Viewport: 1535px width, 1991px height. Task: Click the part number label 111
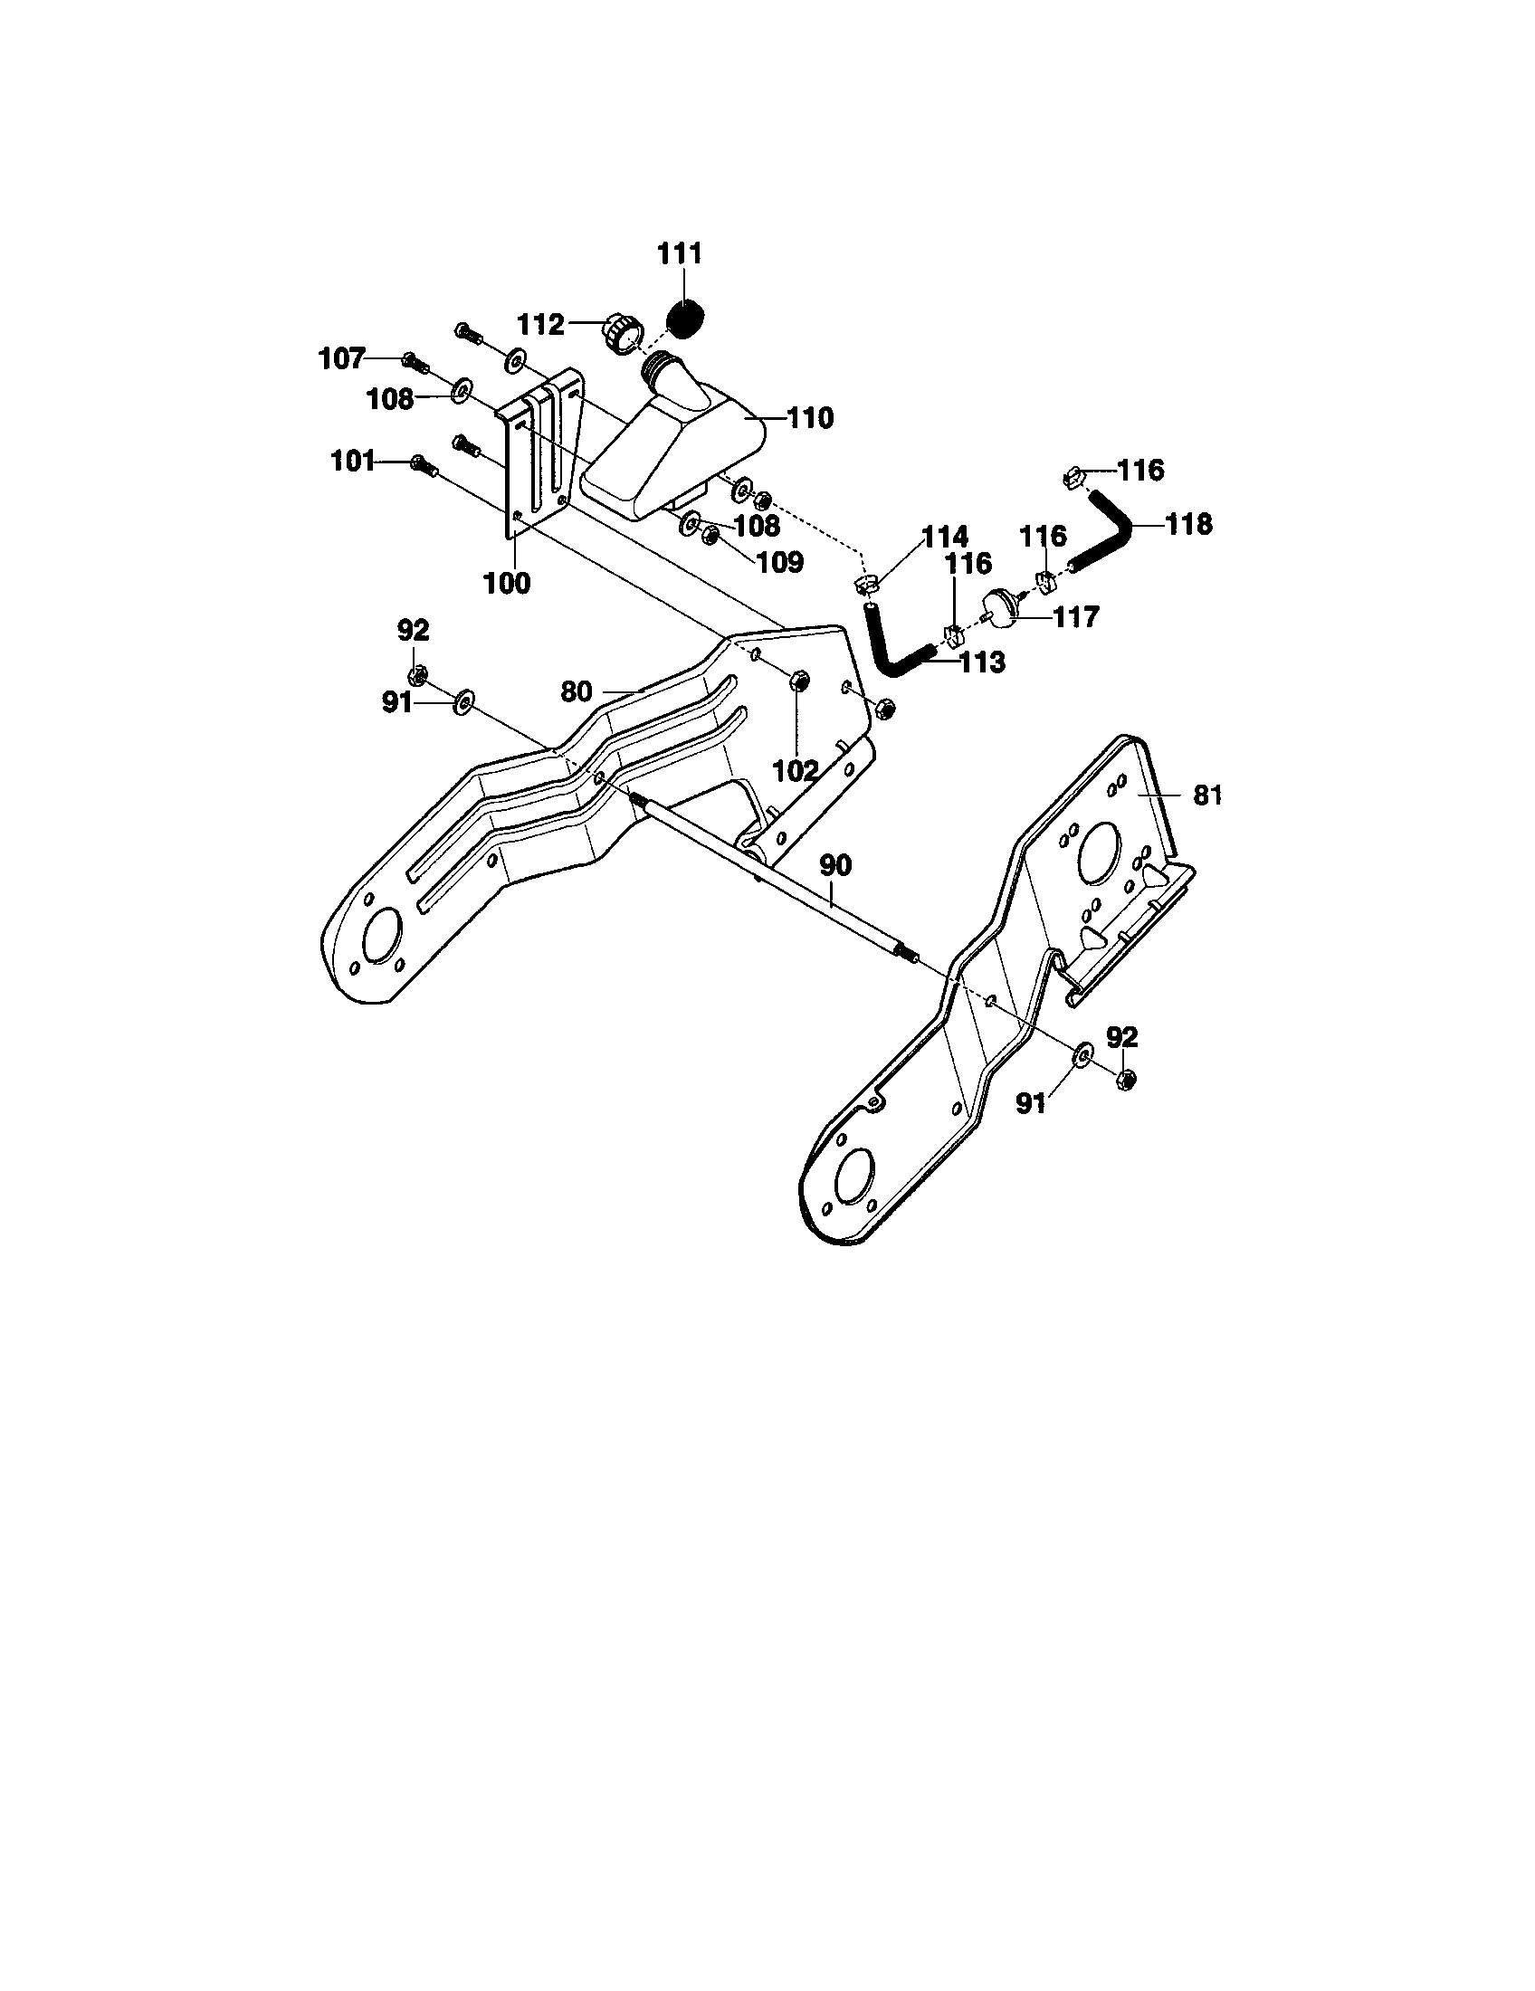680,253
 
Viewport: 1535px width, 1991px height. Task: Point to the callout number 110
809,418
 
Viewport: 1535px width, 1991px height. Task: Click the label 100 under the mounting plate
506,583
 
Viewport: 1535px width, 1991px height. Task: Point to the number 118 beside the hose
1187,524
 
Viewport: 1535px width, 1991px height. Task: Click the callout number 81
1206,795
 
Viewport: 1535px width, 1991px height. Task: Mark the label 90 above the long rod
835,865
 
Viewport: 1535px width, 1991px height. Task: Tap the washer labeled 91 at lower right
1082,1055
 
